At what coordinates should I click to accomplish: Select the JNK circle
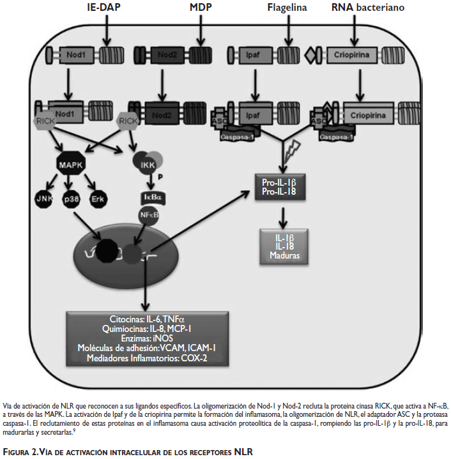[x=45, y=199]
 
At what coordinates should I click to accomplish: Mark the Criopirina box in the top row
[x=351, y=54]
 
